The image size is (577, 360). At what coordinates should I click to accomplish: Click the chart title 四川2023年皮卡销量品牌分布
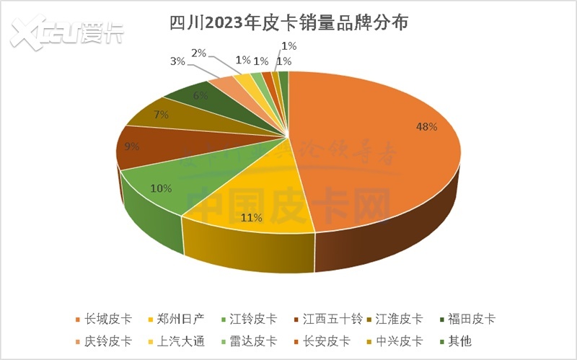288,24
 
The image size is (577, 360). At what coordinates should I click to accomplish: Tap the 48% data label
426,127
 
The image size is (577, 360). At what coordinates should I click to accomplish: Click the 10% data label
161,188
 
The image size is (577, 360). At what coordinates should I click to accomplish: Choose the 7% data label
160,114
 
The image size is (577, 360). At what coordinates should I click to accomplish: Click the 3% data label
177,61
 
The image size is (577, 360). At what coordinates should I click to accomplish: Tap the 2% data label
199,53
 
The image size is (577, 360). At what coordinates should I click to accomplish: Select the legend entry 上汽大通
176,341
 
